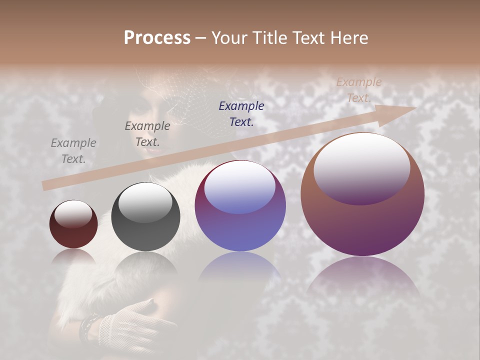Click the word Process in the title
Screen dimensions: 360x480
pyautogui.click(x=157, y=37)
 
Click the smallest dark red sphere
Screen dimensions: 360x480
pyautogui.click(x=73, y=224)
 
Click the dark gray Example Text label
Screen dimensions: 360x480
pyautogui.click(x=147, y=134)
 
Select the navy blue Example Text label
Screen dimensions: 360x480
pyautogui.click(x=241, y=113)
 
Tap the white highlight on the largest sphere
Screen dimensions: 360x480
pyautogui.click(x=362, y=165)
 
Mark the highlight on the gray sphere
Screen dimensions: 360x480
pyautogui.click(x=145, y=202)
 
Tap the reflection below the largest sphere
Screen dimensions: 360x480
pyautogui.click(x=362, y=280)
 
